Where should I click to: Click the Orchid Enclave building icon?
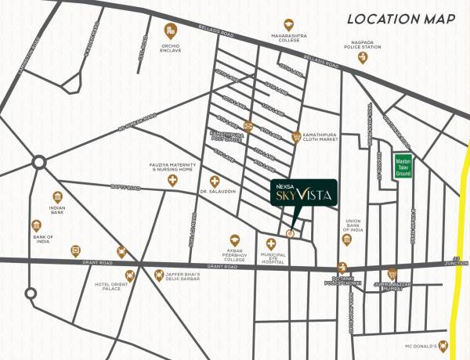click(x=169, y=31)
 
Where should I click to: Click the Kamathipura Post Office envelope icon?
click(x=248, y=126)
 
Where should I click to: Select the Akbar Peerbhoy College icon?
click(x=232, y=239)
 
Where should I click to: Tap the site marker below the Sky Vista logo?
click(x=291, y=232)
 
